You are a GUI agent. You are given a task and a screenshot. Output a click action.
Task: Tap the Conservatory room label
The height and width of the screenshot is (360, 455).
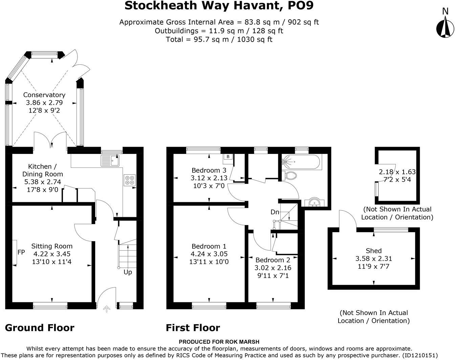click(x=44, y=95)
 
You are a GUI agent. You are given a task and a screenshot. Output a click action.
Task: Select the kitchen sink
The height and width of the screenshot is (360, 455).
click(x=110, y=160)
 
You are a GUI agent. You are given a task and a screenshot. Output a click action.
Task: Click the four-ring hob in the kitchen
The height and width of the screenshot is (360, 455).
click(x=130, y=179)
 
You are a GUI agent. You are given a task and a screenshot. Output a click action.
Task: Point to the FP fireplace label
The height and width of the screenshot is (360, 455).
click(x=21, y=252)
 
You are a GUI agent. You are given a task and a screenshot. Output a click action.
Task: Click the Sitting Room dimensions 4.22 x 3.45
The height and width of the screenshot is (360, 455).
click(x=52, y=254)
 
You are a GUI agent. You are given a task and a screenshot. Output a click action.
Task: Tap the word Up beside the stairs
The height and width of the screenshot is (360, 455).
click(x=128, y=272)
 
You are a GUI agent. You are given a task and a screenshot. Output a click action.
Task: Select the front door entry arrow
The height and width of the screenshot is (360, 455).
click(x=107, y=309)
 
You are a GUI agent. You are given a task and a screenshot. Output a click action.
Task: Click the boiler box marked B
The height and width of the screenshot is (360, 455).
click(x=228, y=157)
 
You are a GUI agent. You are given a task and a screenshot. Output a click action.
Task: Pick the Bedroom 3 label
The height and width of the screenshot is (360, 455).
click(x=209, y=170)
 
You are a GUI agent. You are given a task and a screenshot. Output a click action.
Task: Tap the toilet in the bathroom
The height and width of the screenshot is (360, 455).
click(x=290, y=175)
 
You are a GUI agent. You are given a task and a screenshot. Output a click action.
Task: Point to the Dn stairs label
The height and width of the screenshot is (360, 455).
click(x=275, y=212)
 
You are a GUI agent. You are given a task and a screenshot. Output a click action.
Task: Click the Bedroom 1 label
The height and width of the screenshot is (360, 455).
click(x=209, y=246)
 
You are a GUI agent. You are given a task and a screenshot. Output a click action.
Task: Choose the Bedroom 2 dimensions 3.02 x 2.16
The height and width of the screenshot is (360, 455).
click(x=273, y=268)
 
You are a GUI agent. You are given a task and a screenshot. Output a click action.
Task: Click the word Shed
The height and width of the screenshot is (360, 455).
click(x=373, y=251)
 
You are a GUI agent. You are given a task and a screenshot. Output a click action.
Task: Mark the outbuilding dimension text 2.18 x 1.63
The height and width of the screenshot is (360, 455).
click(x=397, y=172)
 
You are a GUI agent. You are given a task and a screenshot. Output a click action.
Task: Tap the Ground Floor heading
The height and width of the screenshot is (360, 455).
click(x=40, y=328)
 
